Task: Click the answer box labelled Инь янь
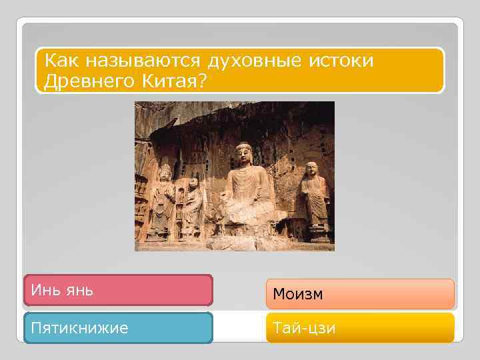coord(118,291)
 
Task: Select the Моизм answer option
coord(360,294)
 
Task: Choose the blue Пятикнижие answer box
coord(118,328)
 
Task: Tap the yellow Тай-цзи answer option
coord(360,328)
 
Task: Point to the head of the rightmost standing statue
coord(311,170)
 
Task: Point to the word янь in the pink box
coord(79,291)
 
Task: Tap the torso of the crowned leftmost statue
coord(163,200)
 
